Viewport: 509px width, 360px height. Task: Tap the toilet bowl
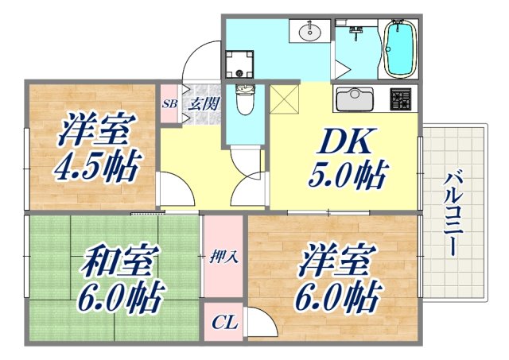pos(245,100)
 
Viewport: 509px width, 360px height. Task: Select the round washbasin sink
pos(310,33)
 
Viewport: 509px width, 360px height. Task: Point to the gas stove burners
pos(399,100)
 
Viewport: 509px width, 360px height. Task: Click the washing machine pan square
pos(238,61)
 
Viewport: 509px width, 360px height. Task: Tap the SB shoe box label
pos(169,103)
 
